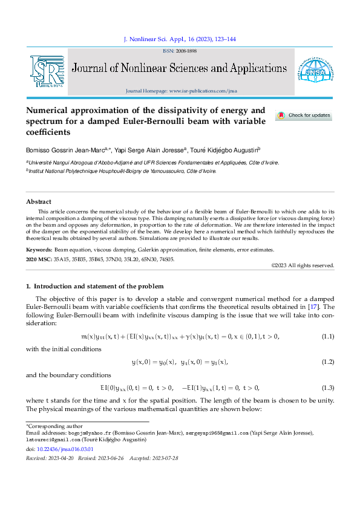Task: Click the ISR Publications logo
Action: tap(47, 71)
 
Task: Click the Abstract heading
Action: tap(39, 201)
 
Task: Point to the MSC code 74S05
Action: tap(166, 259)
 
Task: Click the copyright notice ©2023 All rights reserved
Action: tap(302, 265)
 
